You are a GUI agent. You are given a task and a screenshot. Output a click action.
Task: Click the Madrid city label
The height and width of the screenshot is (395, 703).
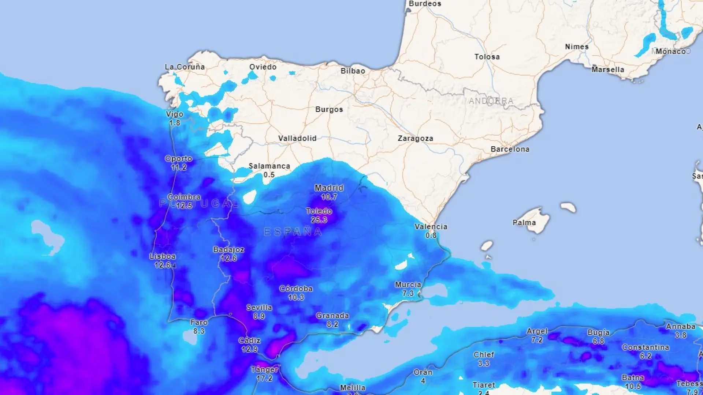(329, 188)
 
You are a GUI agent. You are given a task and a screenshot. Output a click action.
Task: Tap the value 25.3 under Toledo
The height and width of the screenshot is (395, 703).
(319, 220)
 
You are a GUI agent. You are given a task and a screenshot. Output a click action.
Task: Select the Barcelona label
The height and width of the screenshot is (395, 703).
(510, 149)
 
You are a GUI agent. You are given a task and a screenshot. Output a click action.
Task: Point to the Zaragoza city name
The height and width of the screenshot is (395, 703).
(415, 139)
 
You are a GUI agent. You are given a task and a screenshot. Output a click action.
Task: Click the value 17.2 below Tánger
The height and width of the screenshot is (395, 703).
(264, 378)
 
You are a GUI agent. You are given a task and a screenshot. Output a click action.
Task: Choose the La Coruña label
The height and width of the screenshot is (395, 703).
(185, 67)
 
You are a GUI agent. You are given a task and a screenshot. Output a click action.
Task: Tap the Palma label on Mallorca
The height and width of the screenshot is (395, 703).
(524, 223)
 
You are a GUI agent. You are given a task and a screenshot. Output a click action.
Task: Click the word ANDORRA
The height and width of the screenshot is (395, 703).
(491, 101)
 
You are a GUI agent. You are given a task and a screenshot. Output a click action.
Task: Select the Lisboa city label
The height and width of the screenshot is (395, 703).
(163, 256)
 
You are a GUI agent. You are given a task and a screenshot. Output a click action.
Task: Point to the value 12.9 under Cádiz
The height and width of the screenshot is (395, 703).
(249, 349)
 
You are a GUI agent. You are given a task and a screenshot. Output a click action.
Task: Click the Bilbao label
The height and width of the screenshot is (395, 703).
(353, 71)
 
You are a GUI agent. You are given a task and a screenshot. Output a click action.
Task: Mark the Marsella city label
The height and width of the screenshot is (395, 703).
(607, 69)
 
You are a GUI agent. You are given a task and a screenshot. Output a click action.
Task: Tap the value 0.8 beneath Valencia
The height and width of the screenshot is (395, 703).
(431, 236)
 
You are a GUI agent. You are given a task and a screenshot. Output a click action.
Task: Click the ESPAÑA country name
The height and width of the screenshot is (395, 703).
(293, 232)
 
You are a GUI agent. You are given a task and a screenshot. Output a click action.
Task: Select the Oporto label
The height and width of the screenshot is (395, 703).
(178, 159)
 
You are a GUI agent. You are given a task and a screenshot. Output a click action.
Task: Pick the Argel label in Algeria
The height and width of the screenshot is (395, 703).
(537, 331)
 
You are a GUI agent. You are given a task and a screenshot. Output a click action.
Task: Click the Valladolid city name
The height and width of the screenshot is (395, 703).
(297, 139)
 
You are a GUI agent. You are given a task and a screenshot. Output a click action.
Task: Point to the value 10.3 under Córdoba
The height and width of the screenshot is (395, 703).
(296, 297)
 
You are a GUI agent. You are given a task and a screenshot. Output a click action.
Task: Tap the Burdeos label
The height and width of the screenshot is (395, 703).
(425, 4)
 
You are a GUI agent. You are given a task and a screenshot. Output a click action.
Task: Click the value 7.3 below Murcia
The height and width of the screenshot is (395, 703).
(408, 293)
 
